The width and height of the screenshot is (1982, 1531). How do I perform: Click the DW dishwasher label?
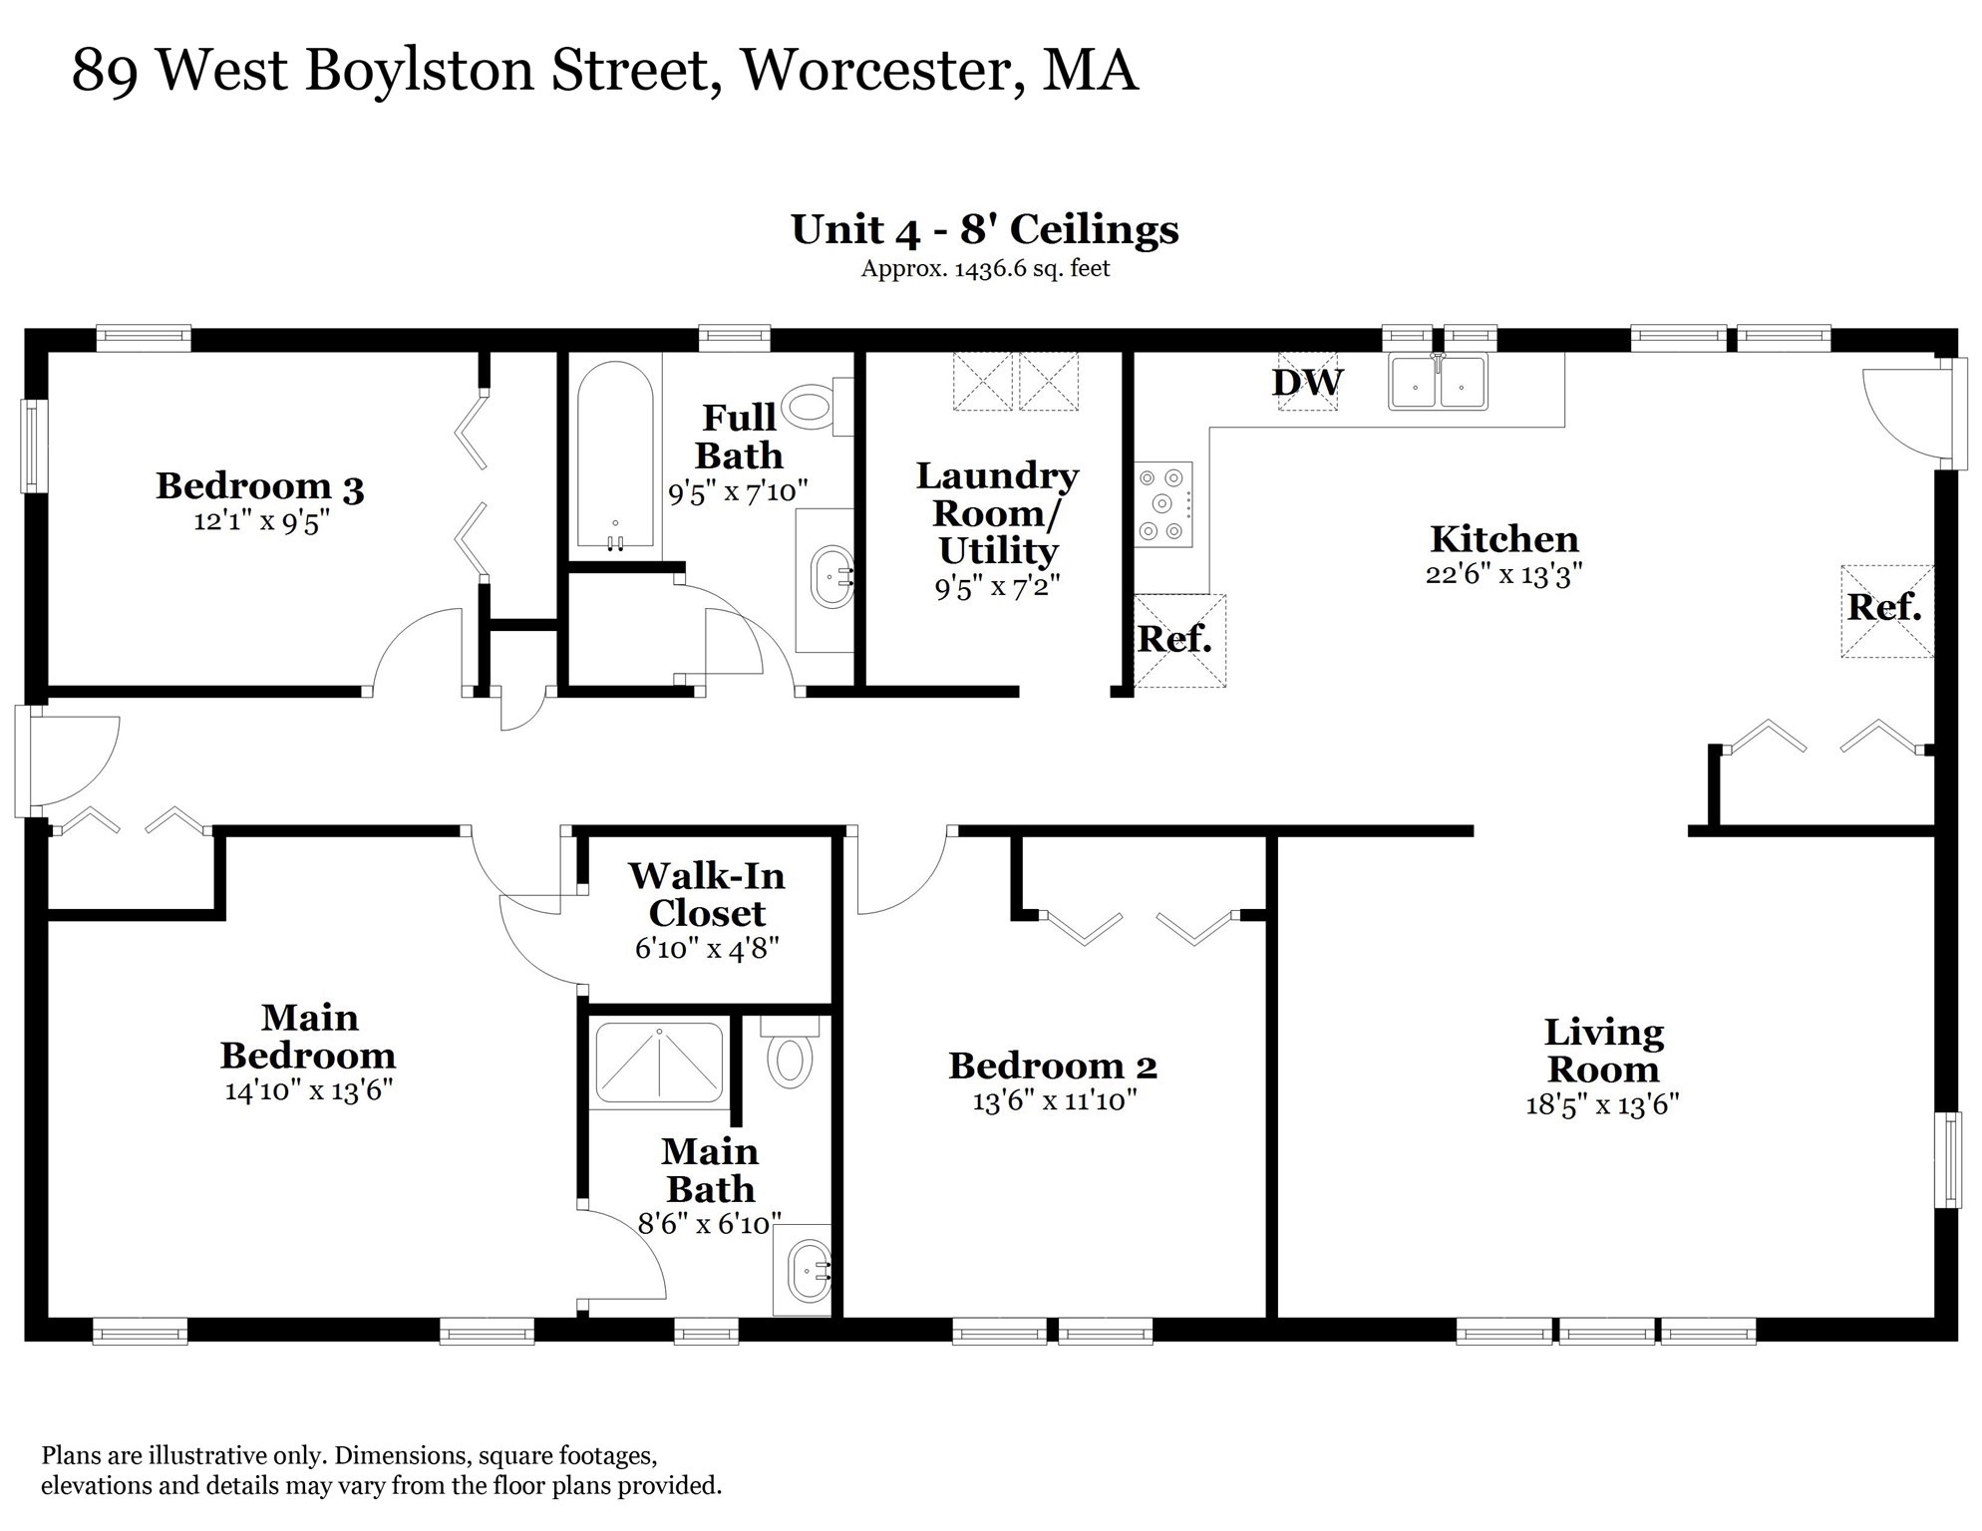tap(1307, 382)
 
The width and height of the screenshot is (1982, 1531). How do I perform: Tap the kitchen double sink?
tap(1438, 382)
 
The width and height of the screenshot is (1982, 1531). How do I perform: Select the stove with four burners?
tap(1163, 504)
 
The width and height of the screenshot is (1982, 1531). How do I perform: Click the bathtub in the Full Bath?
tap(615, 456)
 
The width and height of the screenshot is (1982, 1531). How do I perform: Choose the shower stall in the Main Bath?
tap(659, 1063)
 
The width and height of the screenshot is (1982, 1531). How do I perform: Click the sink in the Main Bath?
tap(810, 1272)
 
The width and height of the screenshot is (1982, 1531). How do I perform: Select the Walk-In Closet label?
tap(707, 894)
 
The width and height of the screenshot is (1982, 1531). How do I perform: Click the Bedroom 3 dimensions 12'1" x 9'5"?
tap(261, 521)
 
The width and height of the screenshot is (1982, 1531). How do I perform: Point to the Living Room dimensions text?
tap(1602, 1104)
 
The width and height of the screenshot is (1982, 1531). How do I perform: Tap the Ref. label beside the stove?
tap(1174, 639)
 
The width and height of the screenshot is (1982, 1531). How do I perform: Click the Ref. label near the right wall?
tap(1883, 607)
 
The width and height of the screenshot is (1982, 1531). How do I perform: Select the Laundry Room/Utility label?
tap(997, 512)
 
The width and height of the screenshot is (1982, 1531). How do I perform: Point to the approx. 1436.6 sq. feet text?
tap(985, 268)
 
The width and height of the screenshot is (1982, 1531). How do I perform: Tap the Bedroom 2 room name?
tap(1053, 1066)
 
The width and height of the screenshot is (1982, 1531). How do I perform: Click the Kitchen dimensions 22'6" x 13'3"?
tap(1503, 574)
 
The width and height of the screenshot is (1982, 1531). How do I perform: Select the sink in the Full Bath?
tap(831, 576)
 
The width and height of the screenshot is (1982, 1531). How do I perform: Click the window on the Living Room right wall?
tap(1948, 1159)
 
